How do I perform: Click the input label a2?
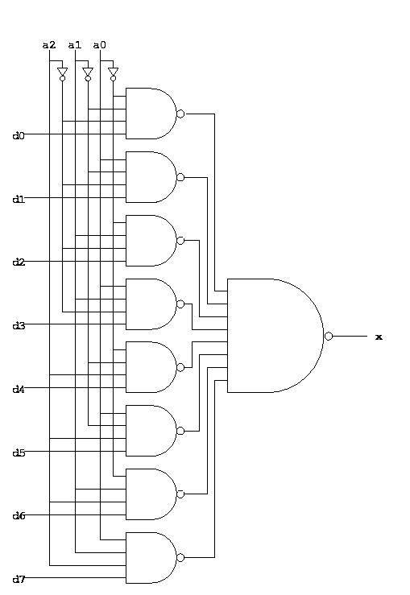tap(49, 45)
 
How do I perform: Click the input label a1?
tap(74, 45)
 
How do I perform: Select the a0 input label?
tap(99, 45)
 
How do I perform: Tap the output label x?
tap(379, 337)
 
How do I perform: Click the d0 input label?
tap(18, 136)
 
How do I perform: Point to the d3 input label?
tap(18, 326)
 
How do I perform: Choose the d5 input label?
tap(18, 453)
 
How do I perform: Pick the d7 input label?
tap(18, 580)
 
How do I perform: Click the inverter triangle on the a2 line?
tap(62, 72)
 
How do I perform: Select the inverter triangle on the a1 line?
tap(87, 72)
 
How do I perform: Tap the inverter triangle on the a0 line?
tap(112, 72)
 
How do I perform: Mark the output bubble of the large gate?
tap(328, 336)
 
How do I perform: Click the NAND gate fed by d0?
tap(149, 114)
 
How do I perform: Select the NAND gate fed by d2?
tap(149, 240)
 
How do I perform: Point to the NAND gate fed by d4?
tap(149, 367)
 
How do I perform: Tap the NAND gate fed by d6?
tap(149, 494)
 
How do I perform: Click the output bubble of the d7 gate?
tap(180, 557)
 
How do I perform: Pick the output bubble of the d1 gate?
tap(180, 177)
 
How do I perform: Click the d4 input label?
tap(18, 390)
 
